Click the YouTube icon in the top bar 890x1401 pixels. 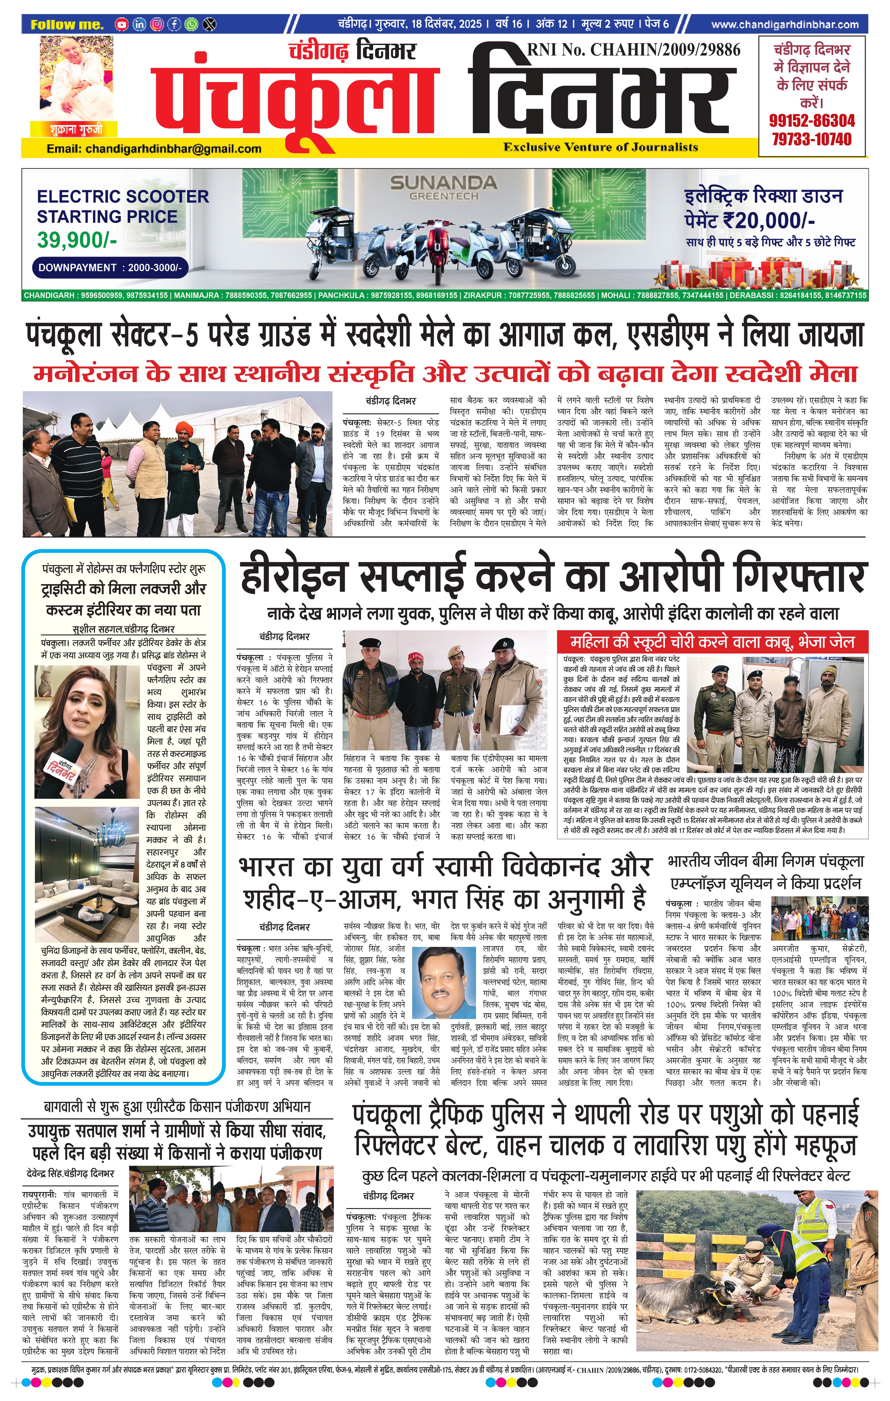pyautogui.click(x=121, y=24)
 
